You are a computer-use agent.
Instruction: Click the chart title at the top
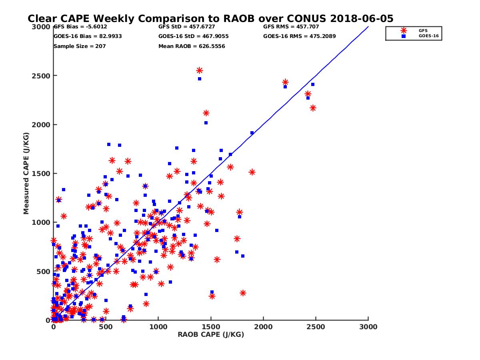pyautogui.click(x=210, y=18)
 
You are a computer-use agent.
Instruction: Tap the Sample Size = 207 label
pyautogui.click(x=79, y=46)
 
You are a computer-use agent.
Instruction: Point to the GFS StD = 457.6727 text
pyautogui.click(x=187, y=27)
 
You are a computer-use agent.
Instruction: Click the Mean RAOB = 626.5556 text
pyautogui.click(x=192, y=46)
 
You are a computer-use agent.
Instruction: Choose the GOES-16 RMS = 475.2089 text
pyautogui.click(x=299, y=36)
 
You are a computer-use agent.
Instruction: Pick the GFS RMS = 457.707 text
pyautogui.click(x=291, y=27)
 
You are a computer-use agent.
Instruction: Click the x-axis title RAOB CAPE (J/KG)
pyautogui.click(x=211, y=335)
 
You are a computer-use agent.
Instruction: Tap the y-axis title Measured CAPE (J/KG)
pyautogui.click(x=26, y=174)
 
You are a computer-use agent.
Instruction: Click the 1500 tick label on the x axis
pyautogui.click(x=211, y=327)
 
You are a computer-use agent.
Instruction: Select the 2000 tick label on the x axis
pyautogui.click(x=263, y=327)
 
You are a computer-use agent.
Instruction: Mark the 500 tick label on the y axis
pyautogui.click(x=44, y=272)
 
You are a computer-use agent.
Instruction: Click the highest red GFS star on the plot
pyautogui.click(x=199, y=70)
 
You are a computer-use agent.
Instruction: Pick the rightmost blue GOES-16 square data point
pyautogui.click(x=313, y=84)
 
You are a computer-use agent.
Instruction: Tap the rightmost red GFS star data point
pyautogui.click(x=313, y=108)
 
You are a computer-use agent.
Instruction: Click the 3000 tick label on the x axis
pyautogui.click(x=368, y=327)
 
